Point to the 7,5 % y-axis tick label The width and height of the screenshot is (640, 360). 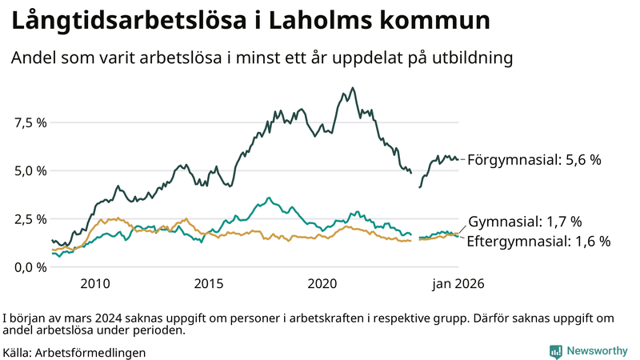point(30,122)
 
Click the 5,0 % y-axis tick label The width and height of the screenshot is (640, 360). point(30,170)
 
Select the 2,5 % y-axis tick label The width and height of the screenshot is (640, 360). point(30,218)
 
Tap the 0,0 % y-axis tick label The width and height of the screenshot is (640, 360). point(30,266)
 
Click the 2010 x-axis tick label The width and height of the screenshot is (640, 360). point(94,283)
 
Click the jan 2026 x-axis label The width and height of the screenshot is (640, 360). point(458,283)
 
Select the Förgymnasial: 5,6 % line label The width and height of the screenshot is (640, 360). point(534,159)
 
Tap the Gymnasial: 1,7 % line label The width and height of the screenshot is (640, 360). point(524,222)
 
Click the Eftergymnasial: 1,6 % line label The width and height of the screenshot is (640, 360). point(538,241)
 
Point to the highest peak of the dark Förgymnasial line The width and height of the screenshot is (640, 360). point(353,88)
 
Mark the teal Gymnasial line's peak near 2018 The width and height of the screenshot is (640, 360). point(269,198)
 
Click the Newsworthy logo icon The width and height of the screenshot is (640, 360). point(555,351)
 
